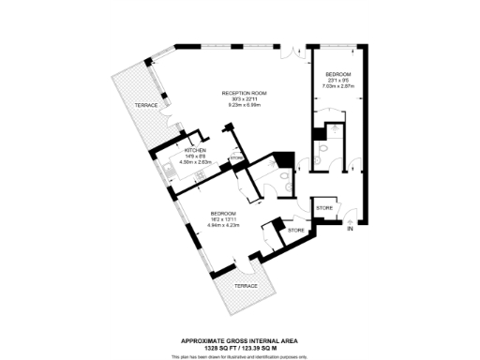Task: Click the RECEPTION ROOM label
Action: point(245,93)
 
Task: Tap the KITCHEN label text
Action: point(195,150)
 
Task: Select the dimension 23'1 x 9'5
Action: point(338,80)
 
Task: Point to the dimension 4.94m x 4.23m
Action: point(223,226)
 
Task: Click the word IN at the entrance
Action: point(350,229)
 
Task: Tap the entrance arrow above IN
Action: point(350,221)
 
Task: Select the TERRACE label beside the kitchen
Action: point(145,105)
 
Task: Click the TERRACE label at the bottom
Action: point(246,285)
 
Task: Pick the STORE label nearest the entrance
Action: point(323,207)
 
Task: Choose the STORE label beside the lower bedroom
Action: point(296,230)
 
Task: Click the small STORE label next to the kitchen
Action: point(235,158)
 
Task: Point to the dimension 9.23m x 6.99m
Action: point(245,104)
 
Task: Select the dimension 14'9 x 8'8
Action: point(195,156)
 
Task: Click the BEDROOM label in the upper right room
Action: point(338,74)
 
